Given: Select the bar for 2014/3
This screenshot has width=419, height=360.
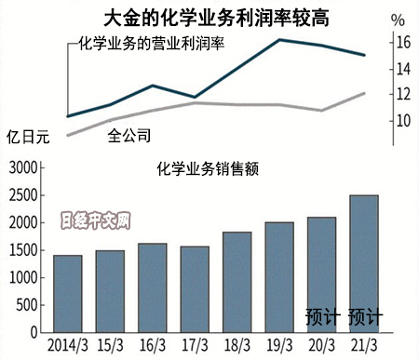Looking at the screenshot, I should click(68, 294).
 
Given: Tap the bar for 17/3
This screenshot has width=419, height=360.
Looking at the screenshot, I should click(195, 289).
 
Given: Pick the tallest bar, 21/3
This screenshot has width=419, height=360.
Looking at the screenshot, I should click(364, 264).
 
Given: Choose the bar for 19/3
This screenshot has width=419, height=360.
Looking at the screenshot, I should click(279, 277).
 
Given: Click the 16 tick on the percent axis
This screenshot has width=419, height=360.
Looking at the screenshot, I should click(401, 43).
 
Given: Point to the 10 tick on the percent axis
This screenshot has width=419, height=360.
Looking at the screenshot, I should click(401, 121).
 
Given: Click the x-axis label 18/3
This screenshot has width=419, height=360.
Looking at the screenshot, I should click(237, 346).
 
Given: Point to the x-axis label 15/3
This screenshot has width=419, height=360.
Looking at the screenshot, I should click(111, 346).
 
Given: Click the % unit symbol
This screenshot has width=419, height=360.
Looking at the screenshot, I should click(399, 20).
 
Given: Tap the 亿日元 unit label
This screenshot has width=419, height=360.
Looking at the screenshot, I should click(28, 137).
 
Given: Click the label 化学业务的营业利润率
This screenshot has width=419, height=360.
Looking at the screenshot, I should click(150, 42).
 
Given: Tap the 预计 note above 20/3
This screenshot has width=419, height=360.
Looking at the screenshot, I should click(322, 318).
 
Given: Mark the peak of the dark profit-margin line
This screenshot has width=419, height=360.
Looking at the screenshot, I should click(280, 40).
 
